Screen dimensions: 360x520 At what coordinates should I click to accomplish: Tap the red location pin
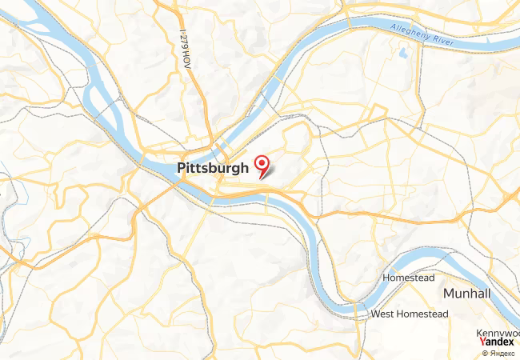[x=261, y=165]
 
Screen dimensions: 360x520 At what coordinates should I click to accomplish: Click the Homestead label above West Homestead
[x=408, y=278]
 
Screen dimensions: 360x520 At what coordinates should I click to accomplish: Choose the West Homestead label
[x=409, y=314]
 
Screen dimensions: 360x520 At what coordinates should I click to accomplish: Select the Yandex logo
[x=497, y=342]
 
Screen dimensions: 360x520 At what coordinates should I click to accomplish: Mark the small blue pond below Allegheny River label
[x=402, y=54]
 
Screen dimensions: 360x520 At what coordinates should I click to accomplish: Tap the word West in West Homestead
[x=382, y=314]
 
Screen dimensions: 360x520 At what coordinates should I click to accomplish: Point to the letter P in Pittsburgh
[x=179, y=169]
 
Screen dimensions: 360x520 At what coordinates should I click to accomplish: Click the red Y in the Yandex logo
[x=482, y=342]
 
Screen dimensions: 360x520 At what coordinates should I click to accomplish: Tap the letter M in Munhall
[x=450, y=294]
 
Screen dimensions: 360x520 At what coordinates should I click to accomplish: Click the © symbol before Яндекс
[x=484, y=353]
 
